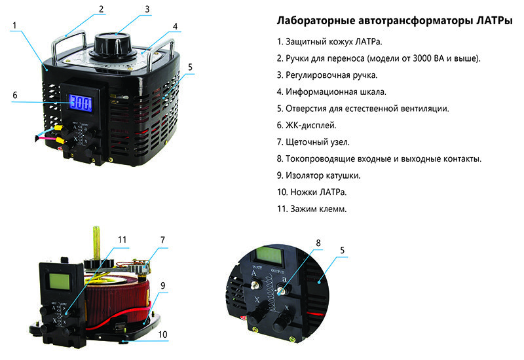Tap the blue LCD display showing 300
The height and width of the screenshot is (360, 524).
coord(80,103)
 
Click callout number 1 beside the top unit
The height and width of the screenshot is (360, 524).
coord(14,26)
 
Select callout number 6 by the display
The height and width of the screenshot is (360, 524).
coord(14,95)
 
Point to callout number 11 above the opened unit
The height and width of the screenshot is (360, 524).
coord(122,240)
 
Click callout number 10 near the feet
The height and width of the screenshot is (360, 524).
coord(162,334)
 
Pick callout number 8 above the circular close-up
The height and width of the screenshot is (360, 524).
coord(318,243)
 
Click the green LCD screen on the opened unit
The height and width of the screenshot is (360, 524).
coord(59,281)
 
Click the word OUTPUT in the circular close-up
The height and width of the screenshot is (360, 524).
coord(278,271)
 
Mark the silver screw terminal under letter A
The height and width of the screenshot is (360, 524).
coord(255,285)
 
